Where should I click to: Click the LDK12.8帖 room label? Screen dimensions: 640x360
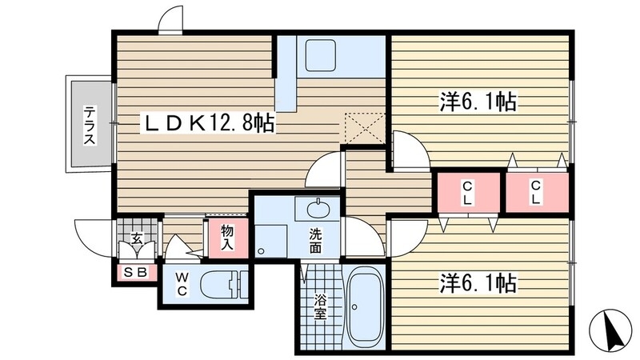coord(208,122)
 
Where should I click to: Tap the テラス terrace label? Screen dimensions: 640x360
coord(90,126)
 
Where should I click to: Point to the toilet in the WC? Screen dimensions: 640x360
coord(224,285)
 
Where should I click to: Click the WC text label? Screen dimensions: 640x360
coord(182,285)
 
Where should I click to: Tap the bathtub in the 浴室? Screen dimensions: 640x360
coord(365,307)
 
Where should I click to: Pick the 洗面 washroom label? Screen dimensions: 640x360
coord(314,242)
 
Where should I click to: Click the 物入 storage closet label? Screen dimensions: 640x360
coord(227,238)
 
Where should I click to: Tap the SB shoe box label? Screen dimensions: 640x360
coord(135,273)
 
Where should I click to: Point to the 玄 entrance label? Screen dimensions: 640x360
coord(137,238)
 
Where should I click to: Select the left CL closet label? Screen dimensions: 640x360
coord(467,193)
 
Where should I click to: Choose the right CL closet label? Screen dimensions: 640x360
coord(535,192)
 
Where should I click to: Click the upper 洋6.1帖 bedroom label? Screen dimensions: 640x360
coord(478,102)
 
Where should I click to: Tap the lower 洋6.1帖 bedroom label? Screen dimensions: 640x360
coord(478,283)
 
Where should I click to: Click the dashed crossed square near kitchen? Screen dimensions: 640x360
coord(365,128)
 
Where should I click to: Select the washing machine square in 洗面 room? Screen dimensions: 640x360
coord(270,240)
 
